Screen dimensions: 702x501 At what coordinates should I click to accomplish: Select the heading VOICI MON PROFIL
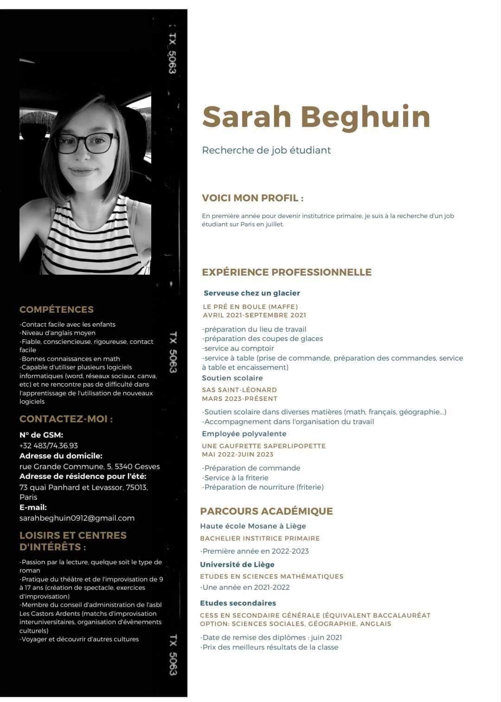click(x=252, y=198)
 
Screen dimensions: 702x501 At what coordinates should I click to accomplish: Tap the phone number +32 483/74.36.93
click(x=49, y=445)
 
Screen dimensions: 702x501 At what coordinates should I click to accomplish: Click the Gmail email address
click(x=77, y=518)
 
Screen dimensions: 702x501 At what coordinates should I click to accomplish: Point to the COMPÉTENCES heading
click(x=57, y=309)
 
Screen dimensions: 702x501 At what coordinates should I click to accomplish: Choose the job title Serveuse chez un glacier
click(x=252, y=293)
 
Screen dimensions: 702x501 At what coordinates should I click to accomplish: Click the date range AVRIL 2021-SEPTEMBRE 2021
click(x=254, y=315)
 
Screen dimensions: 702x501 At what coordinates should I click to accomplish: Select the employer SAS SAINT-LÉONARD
click(x=239, y=390)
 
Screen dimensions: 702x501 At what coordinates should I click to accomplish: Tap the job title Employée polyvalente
click(x=244, y=434)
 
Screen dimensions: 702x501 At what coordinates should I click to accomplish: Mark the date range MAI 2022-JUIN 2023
click(x=238, y=454)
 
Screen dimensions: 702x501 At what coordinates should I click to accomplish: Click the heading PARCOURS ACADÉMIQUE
click(x=266, y=511)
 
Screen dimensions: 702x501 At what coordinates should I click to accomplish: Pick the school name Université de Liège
click(x=237, y=565)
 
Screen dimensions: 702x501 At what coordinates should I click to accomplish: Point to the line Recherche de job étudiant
click(x=266, y=150)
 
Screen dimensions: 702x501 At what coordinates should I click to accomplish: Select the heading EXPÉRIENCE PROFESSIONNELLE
click(x=287, y=272)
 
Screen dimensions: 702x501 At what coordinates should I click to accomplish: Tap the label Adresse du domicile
click(x=61, y=456)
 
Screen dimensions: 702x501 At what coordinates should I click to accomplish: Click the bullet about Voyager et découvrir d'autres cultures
click(x=79, y=639)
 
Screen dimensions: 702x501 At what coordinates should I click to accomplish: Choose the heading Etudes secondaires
click(x=238, y=603)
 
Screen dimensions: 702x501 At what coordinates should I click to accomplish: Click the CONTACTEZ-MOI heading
click(x=66, y=419)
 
